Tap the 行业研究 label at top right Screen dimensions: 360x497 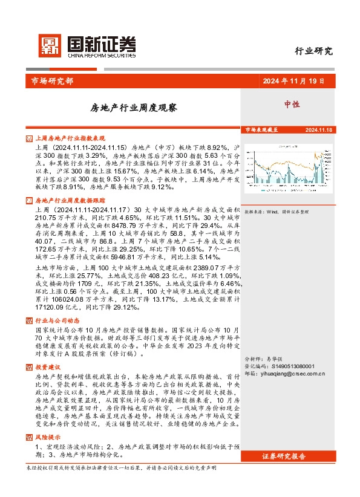[x=313, y=51]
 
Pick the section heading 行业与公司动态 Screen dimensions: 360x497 [x=57, y=320]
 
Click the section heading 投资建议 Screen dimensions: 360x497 [x=48, y=367]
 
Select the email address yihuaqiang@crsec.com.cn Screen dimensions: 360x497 [x=293, y=374]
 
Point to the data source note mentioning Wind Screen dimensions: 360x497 [x=277, y=212]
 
